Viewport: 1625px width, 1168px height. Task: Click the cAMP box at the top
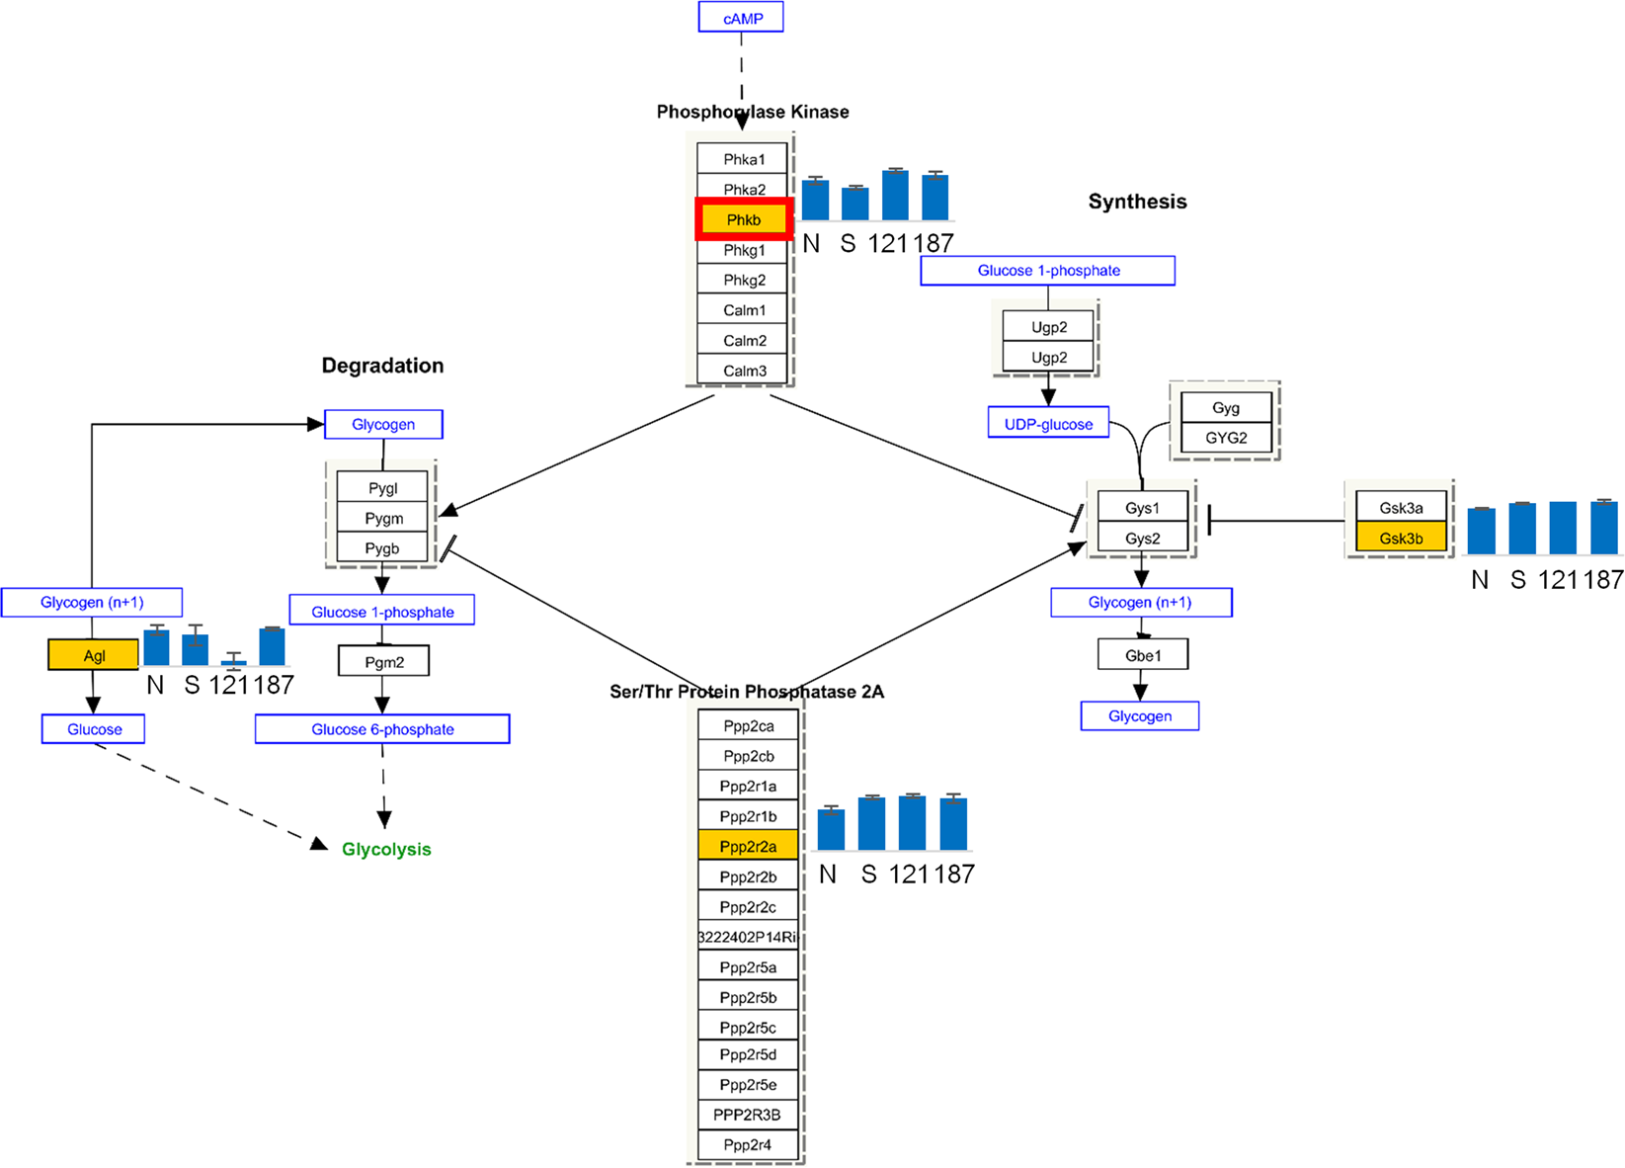[741, 18]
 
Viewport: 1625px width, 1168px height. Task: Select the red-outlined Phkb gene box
[743, 219]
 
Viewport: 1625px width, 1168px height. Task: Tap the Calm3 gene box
[744, 371]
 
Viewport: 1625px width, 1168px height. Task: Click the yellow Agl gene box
[94, 655]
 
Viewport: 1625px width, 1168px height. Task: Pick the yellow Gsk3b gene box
[1401, 539]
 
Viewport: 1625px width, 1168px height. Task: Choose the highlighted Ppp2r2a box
[748, 846]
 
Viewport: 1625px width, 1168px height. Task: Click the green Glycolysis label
[386, 849]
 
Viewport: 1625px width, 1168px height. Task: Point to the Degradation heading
[382, 366]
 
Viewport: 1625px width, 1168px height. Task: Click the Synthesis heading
[1137, 202]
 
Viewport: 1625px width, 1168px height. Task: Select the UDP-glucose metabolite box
[1048, 424]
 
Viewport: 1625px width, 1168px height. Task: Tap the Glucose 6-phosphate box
[382, 729]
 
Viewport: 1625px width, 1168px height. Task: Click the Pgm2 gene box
[383, 661]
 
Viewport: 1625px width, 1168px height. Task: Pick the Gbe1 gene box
[1143, 655]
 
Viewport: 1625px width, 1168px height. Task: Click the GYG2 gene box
[1225, 438]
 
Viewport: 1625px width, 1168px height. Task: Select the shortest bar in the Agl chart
[233, 661]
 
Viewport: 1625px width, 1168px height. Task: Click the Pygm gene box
[383, 518]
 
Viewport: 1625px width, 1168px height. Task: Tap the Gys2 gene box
[1142, 539]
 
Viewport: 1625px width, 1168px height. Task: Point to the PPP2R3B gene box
[747, 1115]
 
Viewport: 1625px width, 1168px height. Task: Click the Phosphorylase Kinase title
[753, 112]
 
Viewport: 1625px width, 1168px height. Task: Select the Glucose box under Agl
[94, 729]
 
